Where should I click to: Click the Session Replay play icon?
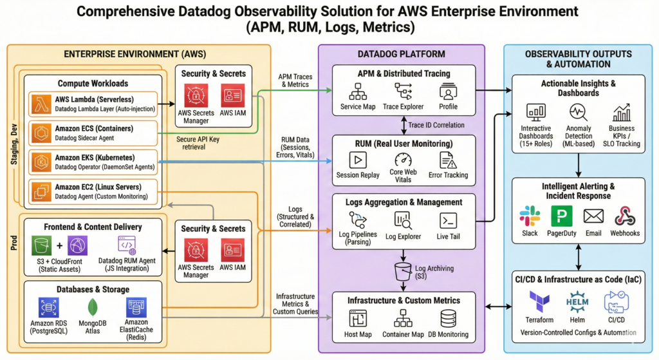357,160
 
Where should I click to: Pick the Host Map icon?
358,318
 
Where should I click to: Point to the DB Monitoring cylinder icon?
449,318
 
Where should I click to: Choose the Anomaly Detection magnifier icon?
577,113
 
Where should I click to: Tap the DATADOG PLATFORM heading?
402,53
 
